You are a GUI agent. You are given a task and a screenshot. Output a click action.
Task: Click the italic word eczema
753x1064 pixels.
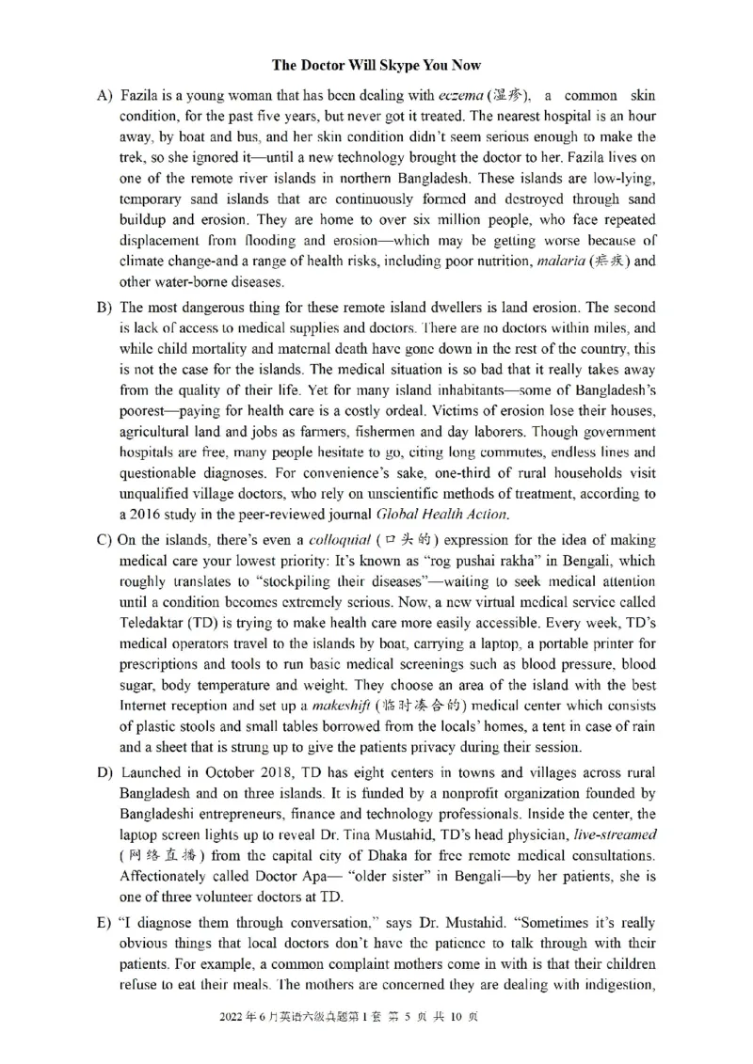click(460, 96)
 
